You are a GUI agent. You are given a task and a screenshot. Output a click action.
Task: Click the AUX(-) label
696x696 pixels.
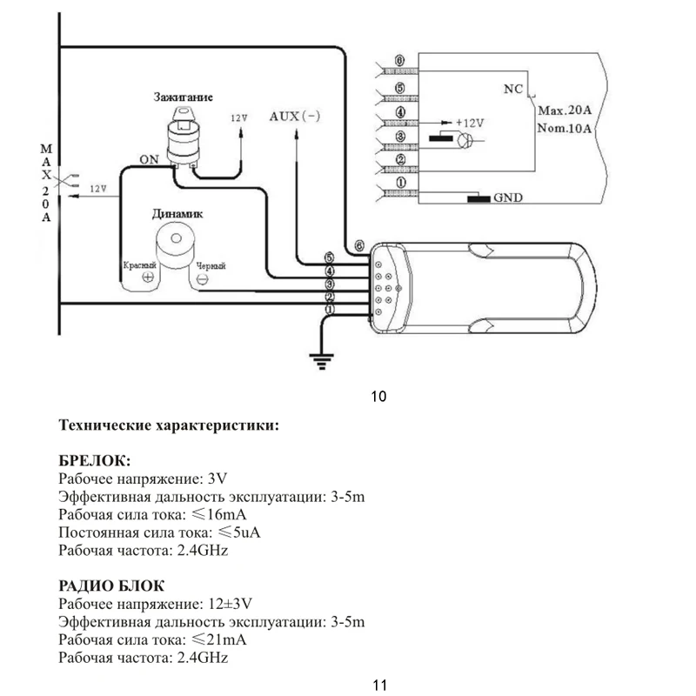(x=295, y=116)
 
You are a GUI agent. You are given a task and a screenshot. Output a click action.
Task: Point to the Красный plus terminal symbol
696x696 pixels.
(x=148, y=278)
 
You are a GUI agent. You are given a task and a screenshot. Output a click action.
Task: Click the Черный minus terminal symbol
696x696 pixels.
(x=201, y=278)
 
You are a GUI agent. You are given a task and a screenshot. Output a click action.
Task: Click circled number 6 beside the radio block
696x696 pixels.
(x=359, y=244)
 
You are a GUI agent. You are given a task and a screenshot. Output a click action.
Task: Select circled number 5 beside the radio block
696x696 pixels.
(x=329, y=258)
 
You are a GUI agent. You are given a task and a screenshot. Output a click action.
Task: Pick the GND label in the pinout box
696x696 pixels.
(x=507, y=197)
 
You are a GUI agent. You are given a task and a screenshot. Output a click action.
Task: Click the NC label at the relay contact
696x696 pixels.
(x=512, y=89)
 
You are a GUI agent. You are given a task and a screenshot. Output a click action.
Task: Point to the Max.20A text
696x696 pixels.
(x=565, y=111)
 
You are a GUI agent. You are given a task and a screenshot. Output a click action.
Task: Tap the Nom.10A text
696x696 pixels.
(x=565, y=130)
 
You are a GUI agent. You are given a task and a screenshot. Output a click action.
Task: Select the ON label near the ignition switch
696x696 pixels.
(x=148, y=158)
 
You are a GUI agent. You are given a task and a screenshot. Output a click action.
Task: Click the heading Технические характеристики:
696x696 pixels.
(x=169, y=426)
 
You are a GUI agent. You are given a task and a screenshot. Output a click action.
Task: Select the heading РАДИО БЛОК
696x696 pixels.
(x=111, y=586)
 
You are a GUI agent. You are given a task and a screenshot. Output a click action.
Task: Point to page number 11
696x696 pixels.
(x=378, y=685)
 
